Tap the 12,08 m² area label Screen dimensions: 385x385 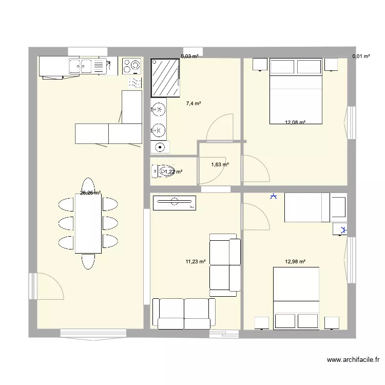coord(295,122)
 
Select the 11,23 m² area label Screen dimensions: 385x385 coord(195,261)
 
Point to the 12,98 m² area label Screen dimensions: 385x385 coord(295,261)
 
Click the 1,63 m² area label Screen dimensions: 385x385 coord(220,165)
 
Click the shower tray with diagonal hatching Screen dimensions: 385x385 coord(165,77)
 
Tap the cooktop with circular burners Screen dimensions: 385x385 coord(131,65)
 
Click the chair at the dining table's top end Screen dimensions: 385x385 coord(88,186)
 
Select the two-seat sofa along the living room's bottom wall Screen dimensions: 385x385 coord(184,313)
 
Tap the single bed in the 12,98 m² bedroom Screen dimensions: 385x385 coord(306,207)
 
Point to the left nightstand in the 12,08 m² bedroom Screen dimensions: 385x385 coord(259,65)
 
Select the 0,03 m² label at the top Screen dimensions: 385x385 coord(189,56)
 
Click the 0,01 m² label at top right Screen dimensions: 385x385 coord(361,56)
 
